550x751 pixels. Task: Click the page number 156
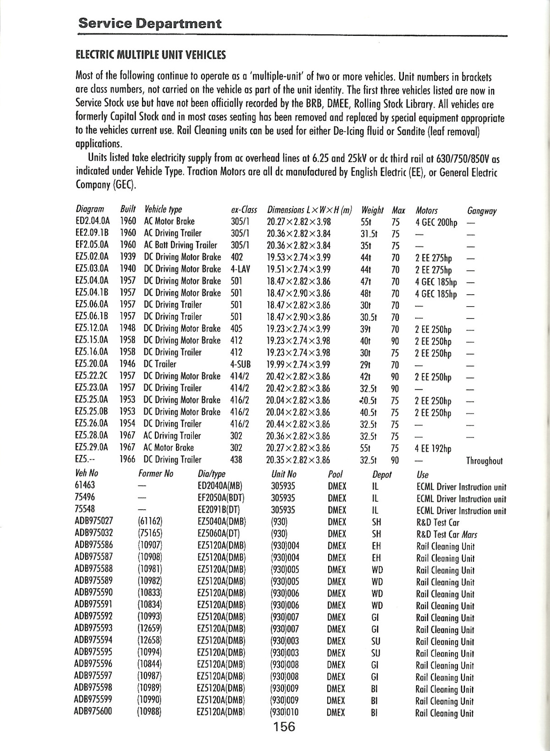point(284,726)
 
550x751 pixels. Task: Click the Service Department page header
point(150,23)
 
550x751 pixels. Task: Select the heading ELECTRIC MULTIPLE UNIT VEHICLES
point(151,55)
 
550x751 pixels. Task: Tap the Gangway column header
point(482,211)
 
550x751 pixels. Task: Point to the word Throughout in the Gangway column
point(484,461)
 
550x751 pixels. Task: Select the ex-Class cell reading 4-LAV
point(240,269)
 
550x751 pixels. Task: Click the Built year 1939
point(127,257)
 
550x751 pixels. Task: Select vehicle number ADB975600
point(93,712)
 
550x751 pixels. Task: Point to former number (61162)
point(150,522)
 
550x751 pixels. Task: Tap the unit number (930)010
point(285,712)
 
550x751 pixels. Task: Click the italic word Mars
point(470,534)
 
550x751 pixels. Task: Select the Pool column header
point(335,474)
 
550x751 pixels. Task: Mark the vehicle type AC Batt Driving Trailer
point(181,245)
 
